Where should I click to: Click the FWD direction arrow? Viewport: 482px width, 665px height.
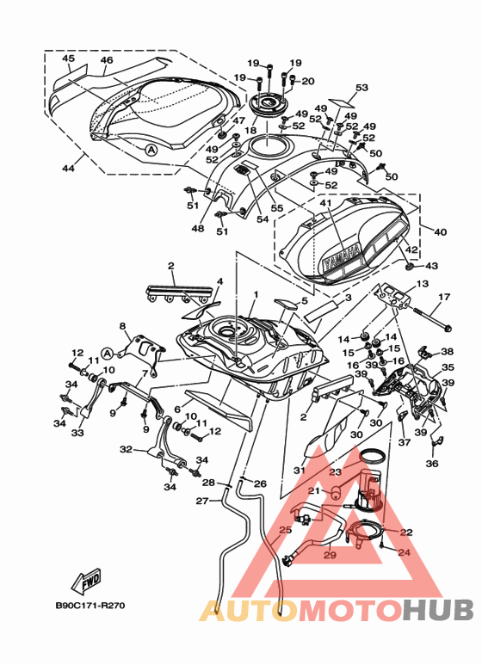(87, 579)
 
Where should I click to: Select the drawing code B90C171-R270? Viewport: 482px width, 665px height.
(90, 605)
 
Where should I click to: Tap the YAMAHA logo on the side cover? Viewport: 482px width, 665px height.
(342, 258)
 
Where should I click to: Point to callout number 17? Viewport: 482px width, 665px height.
(444, 297)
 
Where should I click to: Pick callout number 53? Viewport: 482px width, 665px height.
(361, 88)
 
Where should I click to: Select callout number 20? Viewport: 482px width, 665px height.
(308, 81)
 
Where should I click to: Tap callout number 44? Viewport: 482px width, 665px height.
(68, 169)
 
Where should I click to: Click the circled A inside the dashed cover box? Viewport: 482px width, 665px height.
(151, 150)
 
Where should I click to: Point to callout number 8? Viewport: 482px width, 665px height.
(122, 326)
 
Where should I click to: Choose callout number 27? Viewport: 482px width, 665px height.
(202, 502)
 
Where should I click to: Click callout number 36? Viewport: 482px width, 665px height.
(432, 464)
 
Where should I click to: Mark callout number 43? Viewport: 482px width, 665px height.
(431, 266)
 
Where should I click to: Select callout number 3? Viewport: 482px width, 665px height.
(348, 298)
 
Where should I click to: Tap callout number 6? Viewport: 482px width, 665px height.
(177, 409)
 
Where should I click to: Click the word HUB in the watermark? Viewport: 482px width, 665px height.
(438, 610)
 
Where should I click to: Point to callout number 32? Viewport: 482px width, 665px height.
(126, 449)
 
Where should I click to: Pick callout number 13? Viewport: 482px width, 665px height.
(423, 284)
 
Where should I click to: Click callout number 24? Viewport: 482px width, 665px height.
(405, 552)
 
